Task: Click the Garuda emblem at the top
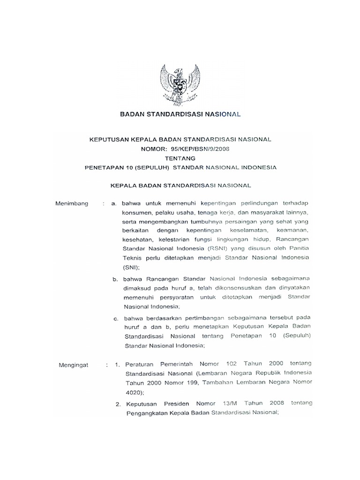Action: tap(180, 85)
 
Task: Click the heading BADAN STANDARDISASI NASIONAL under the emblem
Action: tap(180, 114)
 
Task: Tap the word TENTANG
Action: tap(180, 158)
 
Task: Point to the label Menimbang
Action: tap(72, 203)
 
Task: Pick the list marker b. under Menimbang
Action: tap(114, 279)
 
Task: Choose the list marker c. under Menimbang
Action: tap(114, 318)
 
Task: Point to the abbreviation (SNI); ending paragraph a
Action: tap(133, 266)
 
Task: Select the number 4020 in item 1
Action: tap(134, 392)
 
